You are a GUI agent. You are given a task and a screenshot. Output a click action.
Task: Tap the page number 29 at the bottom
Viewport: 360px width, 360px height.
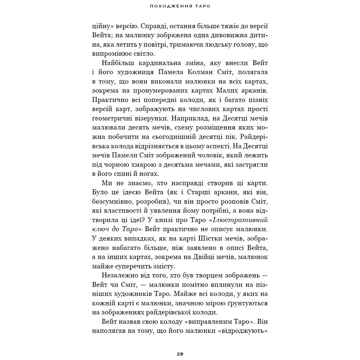[180, 354]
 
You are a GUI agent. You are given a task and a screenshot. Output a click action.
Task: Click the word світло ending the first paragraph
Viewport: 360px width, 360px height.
[143, 54]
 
